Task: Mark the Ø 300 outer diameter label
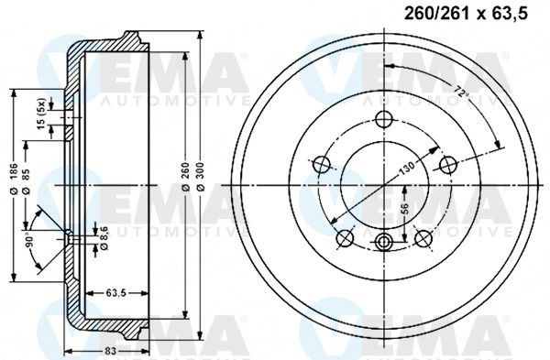(x=200, y=183)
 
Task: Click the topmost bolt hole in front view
(x=384, y=117)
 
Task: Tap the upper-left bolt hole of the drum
(x=322, y=165)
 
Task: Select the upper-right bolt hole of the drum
(x=447, y=164)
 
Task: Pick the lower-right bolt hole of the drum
(x=423, y=237)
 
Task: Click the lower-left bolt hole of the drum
(x=346, y=238)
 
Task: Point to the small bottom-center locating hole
(x=384, y=242)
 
